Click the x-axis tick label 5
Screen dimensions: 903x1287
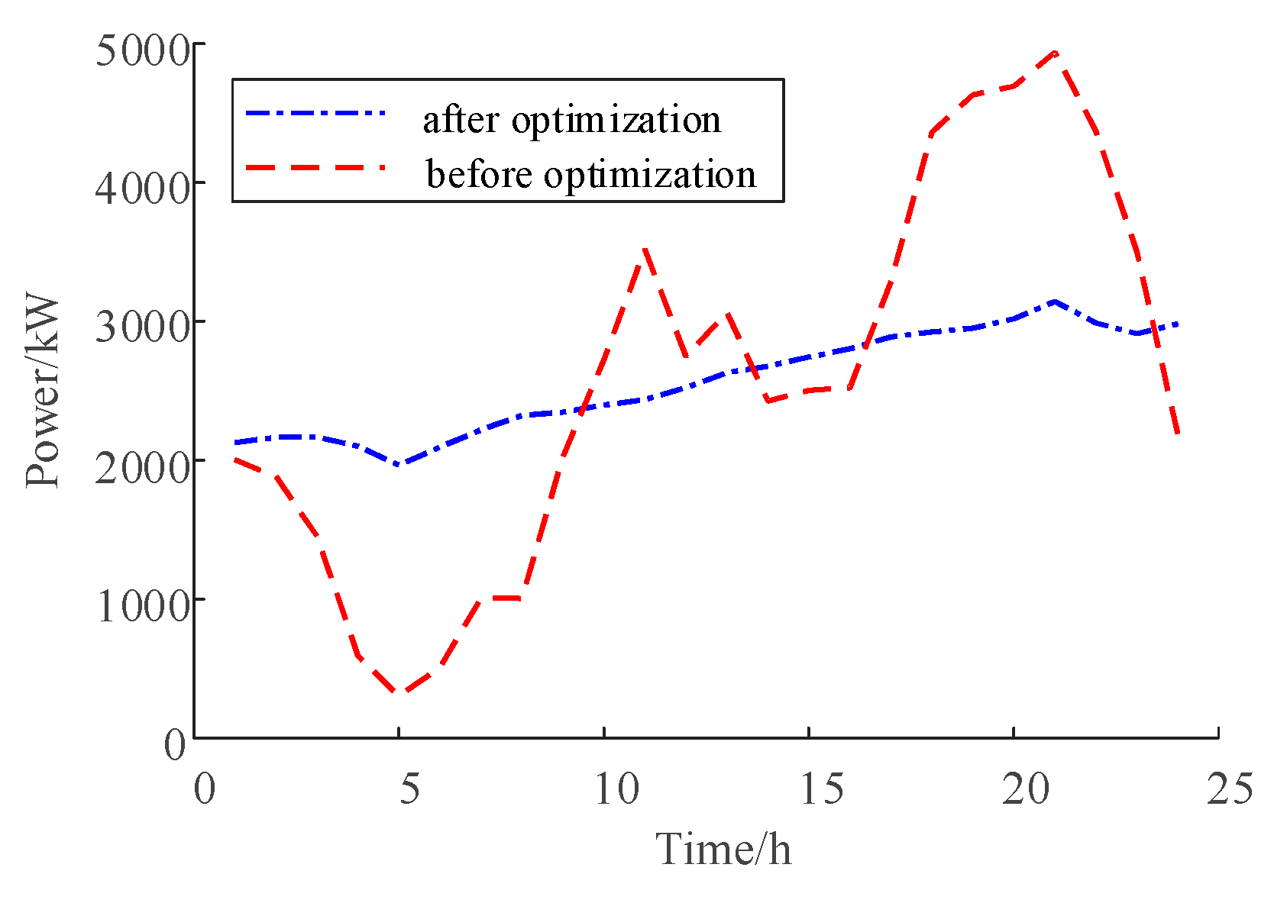409,789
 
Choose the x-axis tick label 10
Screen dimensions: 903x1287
615,789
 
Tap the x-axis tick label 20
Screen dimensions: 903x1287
1025,789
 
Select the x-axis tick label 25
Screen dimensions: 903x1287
1230,789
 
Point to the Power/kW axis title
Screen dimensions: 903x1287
43,390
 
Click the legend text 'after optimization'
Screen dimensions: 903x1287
571,120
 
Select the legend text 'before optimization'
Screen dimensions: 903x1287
590,174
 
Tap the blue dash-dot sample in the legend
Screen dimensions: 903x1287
315,114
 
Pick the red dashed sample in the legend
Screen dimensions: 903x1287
315,167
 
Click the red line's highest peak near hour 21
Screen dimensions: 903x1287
1055,53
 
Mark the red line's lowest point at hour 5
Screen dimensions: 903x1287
399,693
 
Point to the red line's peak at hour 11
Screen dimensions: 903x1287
645,249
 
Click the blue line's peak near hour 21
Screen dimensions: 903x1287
1055,302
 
